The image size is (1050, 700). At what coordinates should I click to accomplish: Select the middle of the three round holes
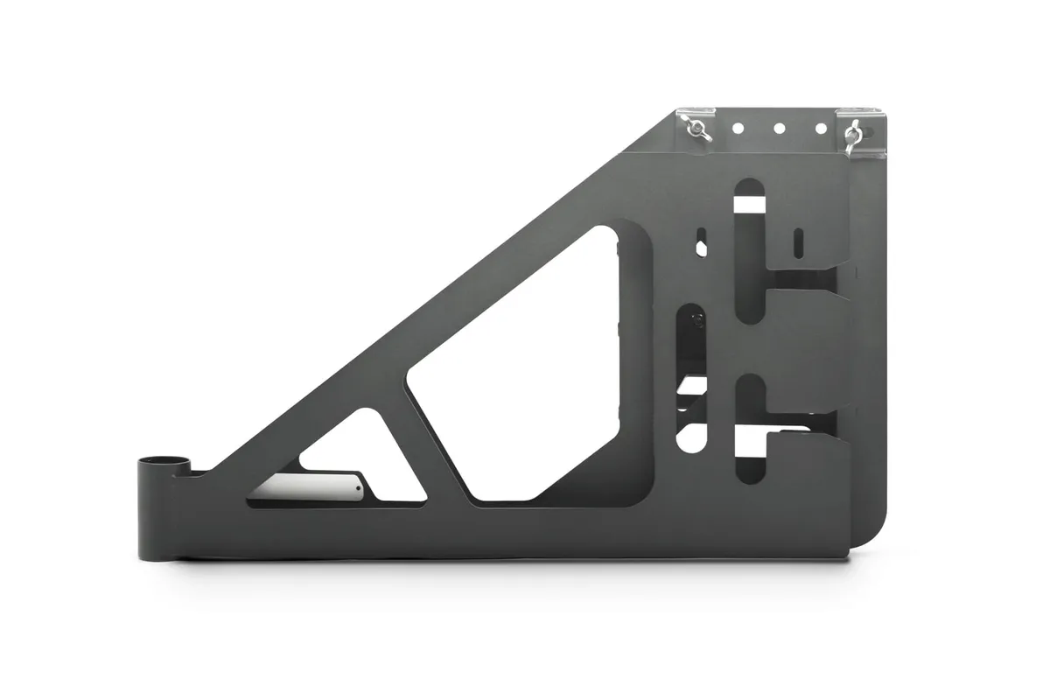click(x=779, y=128)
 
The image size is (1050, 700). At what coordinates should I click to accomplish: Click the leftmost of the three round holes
click(x=738, y=128)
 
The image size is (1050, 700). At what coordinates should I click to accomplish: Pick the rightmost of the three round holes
click(x=821, y=128)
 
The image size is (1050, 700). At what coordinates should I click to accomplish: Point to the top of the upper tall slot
click(x=750, y=188)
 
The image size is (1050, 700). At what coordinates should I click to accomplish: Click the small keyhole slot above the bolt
click(x=700, y=242)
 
